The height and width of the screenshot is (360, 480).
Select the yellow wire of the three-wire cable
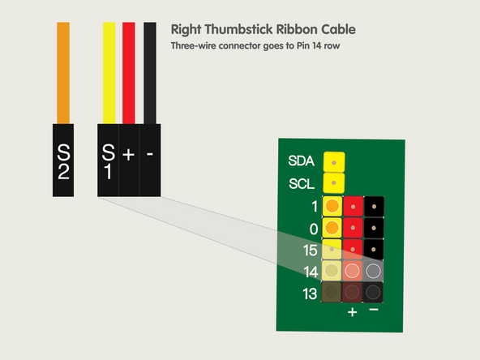pos(109,73)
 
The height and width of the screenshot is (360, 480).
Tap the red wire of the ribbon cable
pos(128,73)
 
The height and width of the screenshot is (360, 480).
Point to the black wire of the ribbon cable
pos(150,73)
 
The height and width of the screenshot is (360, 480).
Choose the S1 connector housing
pos(108,160)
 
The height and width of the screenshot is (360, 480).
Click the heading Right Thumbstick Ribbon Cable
pos(263,29)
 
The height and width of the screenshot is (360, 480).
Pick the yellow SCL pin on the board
pos(333,183)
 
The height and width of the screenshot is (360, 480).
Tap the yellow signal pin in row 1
pos(332,207)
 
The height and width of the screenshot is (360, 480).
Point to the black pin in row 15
pos(374,249)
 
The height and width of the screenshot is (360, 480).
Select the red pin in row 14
pos(353,271)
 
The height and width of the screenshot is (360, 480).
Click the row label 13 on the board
pos(310,293)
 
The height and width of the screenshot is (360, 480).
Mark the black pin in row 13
pos(374,292)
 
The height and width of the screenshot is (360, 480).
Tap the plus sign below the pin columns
pos(353,312)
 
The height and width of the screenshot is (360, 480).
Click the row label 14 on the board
pos(310,272)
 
